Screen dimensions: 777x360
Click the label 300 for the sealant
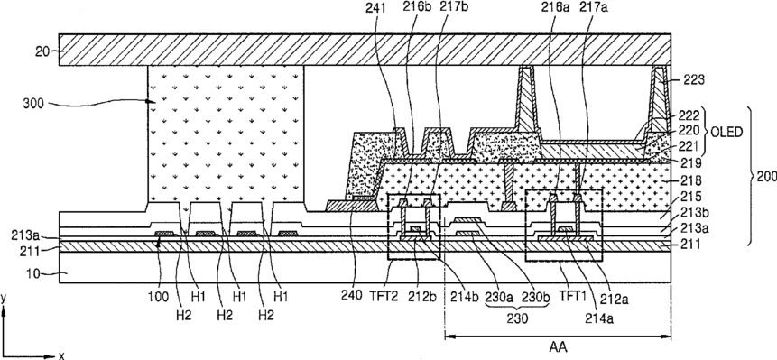[x=32, y=104]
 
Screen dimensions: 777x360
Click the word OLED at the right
[x=727, y=133]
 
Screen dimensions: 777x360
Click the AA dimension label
[x=559, y=347]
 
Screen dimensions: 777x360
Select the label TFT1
[x=571, y=300]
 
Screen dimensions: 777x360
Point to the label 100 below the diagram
[x=159, y=300]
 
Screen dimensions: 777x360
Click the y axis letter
[x=4, y=298]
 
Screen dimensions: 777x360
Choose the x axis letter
[x=61, y=355]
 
